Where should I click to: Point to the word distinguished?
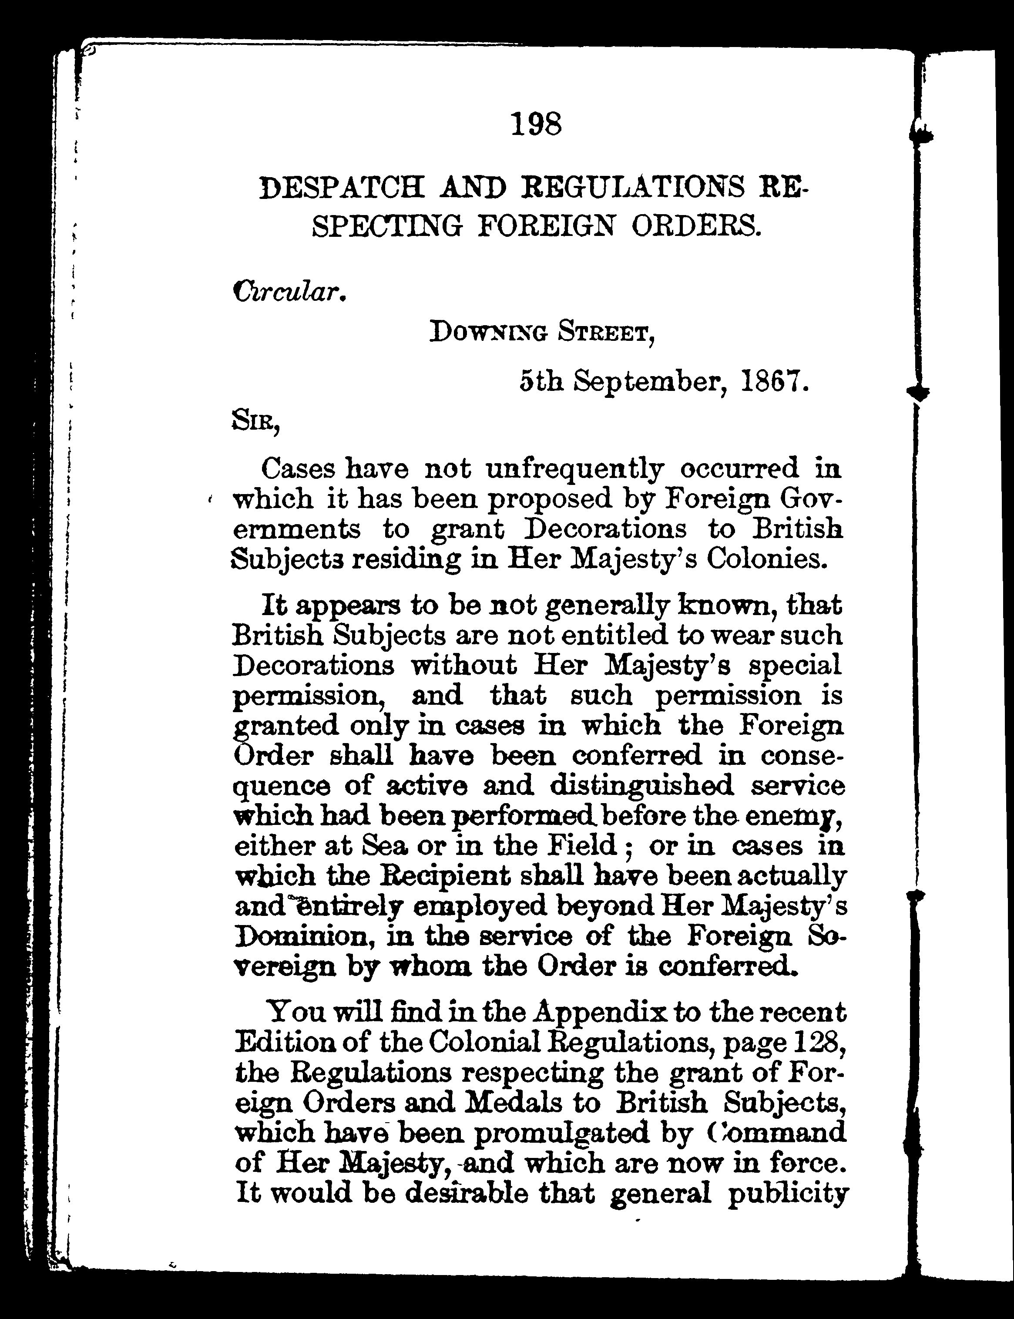tap(641, 786)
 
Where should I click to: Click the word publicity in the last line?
tap(788, 1194)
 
